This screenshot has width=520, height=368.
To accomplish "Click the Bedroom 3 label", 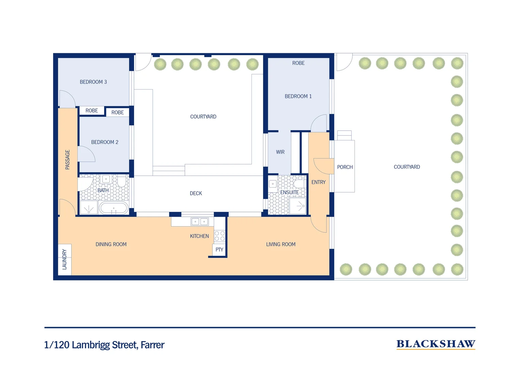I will pyautogui.click(x=93, y=82).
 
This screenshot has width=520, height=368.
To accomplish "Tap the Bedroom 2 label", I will pyautogui.click(x=104, y=142).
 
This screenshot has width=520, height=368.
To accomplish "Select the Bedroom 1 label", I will pyautogui.click(x=298, y=96).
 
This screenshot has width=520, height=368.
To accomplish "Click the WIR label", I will pyautogui.click(x=280, y=152).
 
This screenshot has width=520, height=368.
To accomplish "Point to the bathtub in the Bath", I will pyautogui.click(x=114, y=208).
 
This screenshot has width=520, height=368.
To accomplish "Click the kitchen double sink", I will pyautogui.click(x=199, y=221).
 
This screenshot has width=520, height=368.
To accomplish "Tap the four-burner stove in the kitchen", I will pyautogui.click(x=220, y=236).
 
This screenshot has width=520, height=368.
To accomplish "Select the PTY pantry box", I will pyautogui.click(x=220, y=250).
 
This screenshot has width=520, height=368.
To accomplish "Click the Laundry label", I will pyautogui.click(x=65, y=259).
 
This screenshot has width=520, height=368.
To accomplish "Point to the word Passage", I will pyautogui.click(x=67, y=159).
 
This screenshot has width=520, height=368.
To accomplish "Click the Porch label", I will pyautogui.click(x=345, y=167).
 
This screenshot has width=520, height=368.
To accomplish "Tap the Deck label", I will pyautogui.click(x=196, y=193).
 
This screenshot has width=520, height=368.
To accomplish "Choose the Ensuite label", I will pyautogui.click(x=289, y=193).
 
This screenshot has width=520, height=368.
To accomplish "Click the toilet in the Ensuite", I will pyautogui.click(x=299, y=184).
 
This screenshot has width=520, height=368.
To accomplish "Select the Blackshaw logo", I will pyautogui.click(x=436, y=344).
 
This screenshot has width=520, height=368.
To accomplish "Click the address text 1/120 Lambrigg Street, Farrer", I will pyautogui.click(x=104, y=345).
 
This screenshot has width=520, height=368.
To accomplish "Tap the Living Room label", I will pyautogui.click(x=281, y=244).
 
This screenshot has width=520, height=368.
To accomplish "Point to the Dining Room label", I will pyautogui.click(x=111, y=244).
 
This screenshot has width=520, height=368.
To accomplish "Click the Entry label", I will pyautogui.click(x=319, y=182).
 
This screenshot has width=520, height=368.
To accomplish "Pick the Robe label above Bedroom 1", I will pyautogui.click(x=298, y=63).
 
